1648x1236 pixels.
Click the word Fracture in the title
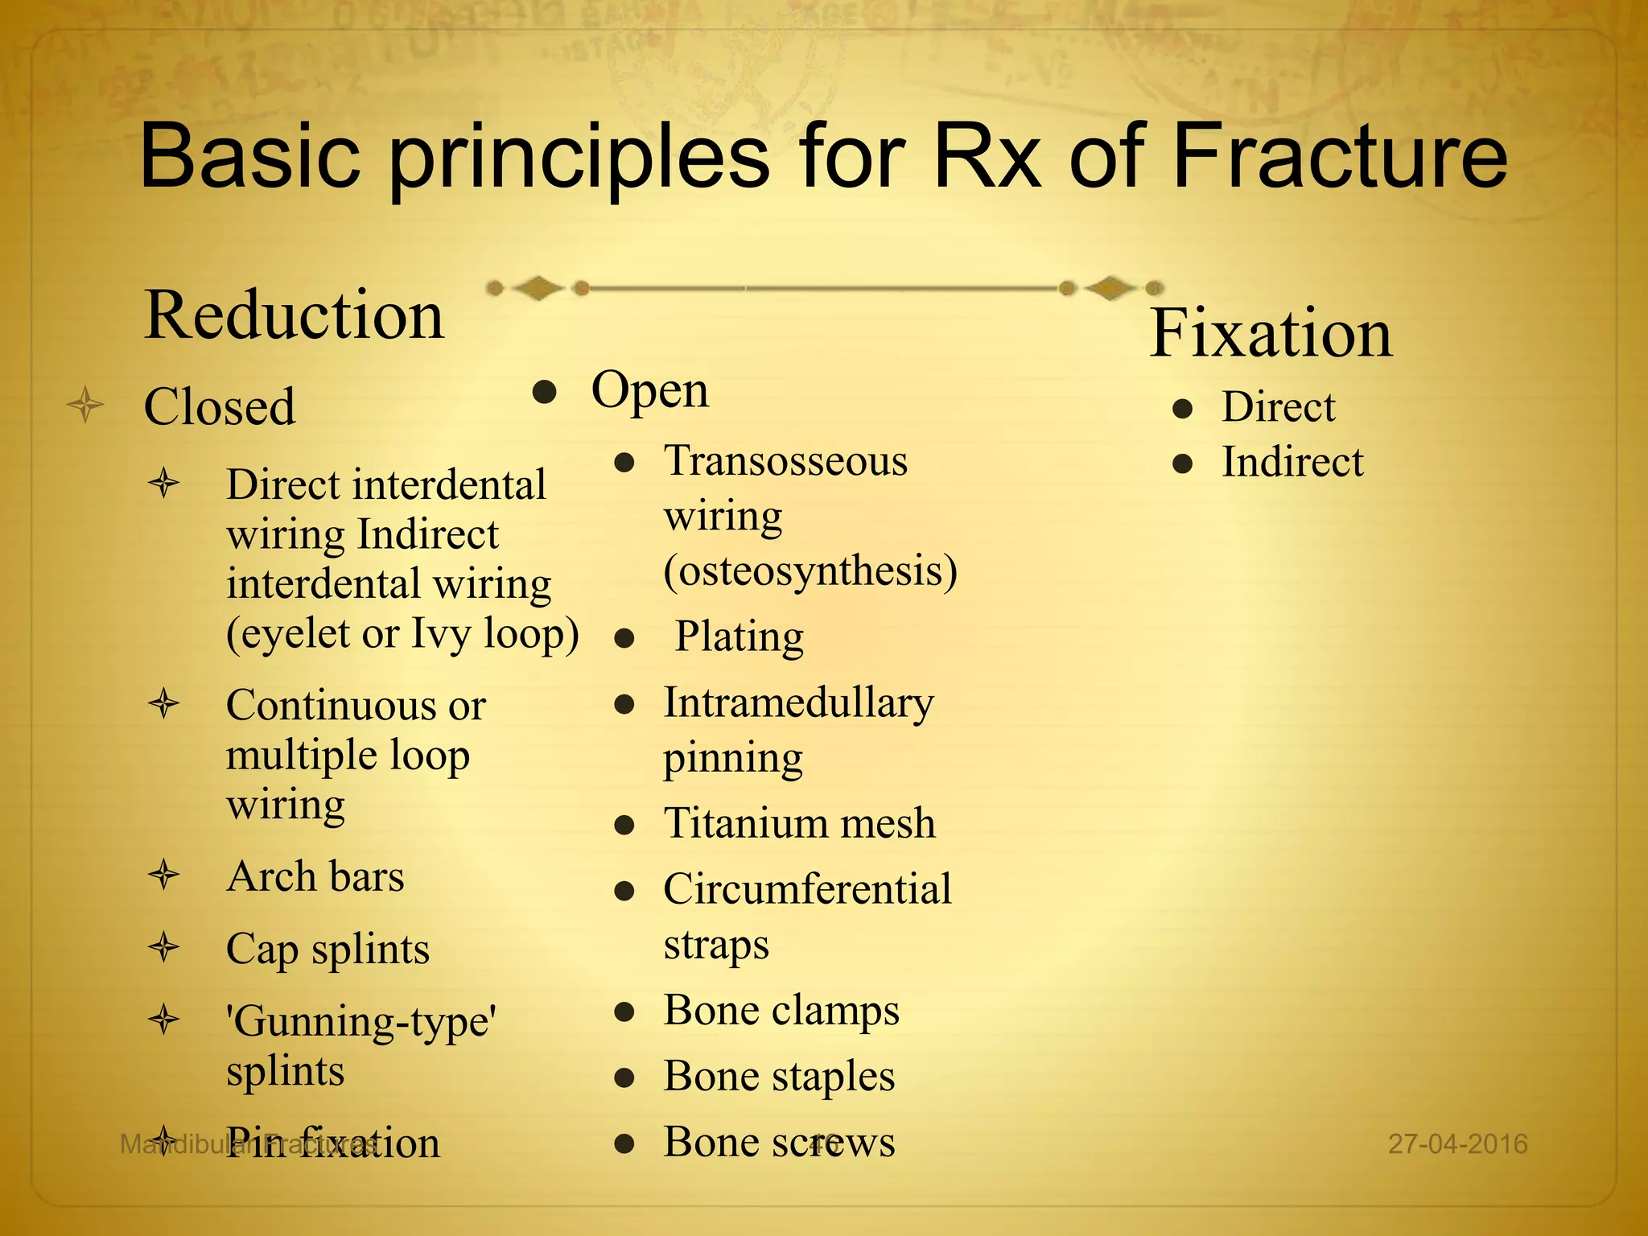click(x=1339, y=157)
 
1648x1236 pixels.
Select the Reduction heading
click(x=294, y=315)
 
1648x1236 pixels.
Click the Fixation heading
click(x=1271, y=333)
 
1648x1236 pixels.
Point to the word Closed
click(x=220, y=406)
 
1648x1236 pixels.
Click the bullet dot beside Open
click(x=545, y=393)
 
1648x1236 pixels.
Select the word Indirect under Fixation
click(x=1292, y=463)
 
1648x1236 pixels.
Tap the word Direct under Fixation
click(x=1278, y=407)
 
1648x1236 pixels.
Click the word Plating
click(x=739, y=637)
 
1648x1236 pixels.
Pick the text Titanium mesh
click(x=799, y=824)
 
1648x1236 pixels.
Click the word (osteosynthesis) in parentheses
click(x=810, y=571)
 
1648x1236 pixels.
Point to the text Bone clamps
click(x=781, y=1011)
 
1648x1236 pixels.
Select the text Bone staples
click(x=779, y=1077)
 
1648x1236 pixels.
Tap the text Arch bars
click(x=315, y=876)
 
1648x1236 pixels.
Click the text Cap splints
click(x=328, y=950)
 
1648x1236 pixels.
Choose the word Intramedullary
click(x=798, y=703)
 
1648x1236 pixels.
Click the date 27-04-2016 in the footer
click(x=1457, y=1143)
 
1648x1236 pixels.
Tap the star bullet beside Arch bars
click(x=164, y=875)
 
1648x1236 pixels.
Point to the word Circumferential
click(x=807, y=890)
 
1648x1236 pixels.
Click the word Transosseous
click(x=785, y=462)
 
